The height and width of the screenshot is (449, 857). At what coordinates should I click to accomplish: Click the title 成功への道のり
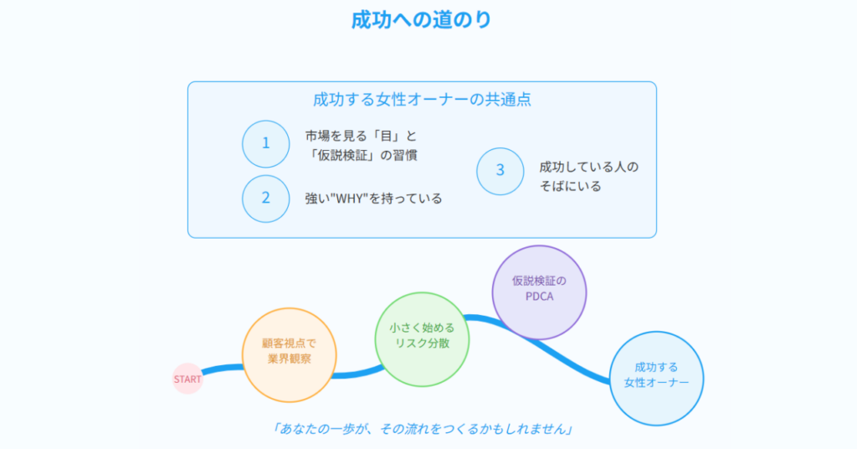[x=422, y=20]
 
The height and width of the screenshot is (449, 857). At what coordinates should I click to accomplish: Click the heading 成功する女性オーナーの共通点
[x=422, y=99]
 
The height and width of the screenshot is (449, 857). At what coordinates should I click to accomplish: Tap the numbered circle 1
[x=265, y=144]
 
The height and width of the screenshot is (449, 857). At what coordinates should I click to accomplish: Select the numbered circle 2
[x=265, y=198]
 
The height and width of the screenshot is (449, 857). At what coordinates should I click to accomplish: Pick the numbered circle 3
[x=500, y=171]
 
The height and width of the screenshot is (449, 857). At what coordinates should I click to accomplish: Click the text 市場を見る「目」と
[x=361, y=136]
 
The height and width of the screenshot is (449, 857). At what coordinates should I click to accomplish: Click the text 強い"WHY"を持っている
[x=373, y=198]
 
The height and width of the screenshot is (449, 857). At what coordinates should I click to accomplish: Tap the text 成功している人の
[x=588, y=167]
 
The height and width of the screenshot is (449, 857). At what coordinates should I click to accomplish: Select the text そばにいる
[x=571, y=187]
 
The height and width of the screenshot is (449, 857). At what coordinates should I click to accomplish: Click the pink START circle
[x=187, y=379]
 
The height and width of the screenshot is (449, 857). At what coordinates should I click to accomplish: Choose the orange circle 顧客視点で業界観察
[x=289, y=355]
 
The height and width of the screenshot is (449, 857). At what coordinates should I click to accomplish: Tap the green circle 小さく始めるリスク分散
[x=422, y=339]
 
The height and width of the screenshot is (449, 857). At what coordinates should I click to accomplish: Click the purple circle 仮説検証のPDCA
[x=539, y=292]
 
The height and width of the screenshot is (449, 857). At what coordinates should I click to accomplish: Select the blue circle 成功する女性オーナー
[x=656, y=379]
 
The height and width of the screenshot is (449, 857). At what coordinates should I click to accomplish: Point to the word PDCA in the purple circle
[x=540, y=297]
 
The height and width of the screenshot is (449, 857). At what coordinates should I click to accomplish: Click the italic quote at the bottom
[x=422, y=429]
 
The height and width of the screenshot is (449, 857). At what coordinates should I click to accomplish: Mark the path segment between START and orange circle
[x=223, y=369]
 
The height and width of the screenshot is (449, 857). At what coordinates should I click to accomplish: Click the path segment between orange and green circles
[x=359, y=374]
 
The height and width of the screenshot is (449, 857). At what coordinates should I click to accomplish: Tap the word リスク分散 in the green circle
[x=422, y=343]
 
